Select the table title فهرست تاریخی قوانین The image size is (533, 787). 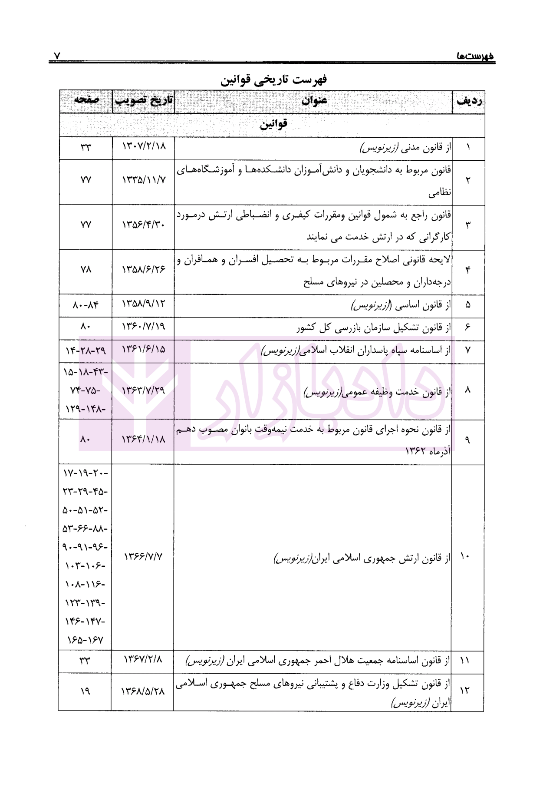274,80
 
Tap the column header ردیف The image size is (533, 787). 469,102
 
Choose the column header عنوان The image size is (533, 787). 314,102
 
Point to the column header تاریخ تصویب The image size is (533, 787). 144,101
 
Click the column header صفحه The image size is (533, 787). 86,100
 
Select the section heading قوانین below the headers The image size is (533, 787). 273,125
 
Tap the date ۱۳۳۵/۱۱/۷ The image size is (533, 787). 144,180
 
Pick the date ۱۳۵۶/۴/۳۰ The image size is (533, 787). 144,225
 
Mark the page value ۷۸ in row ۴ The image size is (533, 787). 86,270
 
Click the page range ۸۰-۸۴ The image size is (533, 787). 86,305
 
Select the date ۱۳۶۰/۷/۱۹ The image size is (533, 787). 144,327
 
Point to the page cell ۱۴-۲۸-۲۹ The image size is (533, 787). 86,350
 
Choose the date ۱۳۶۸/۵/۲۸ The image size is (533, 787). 143,691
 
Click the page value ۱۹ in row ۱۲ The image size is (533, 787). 85,691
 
